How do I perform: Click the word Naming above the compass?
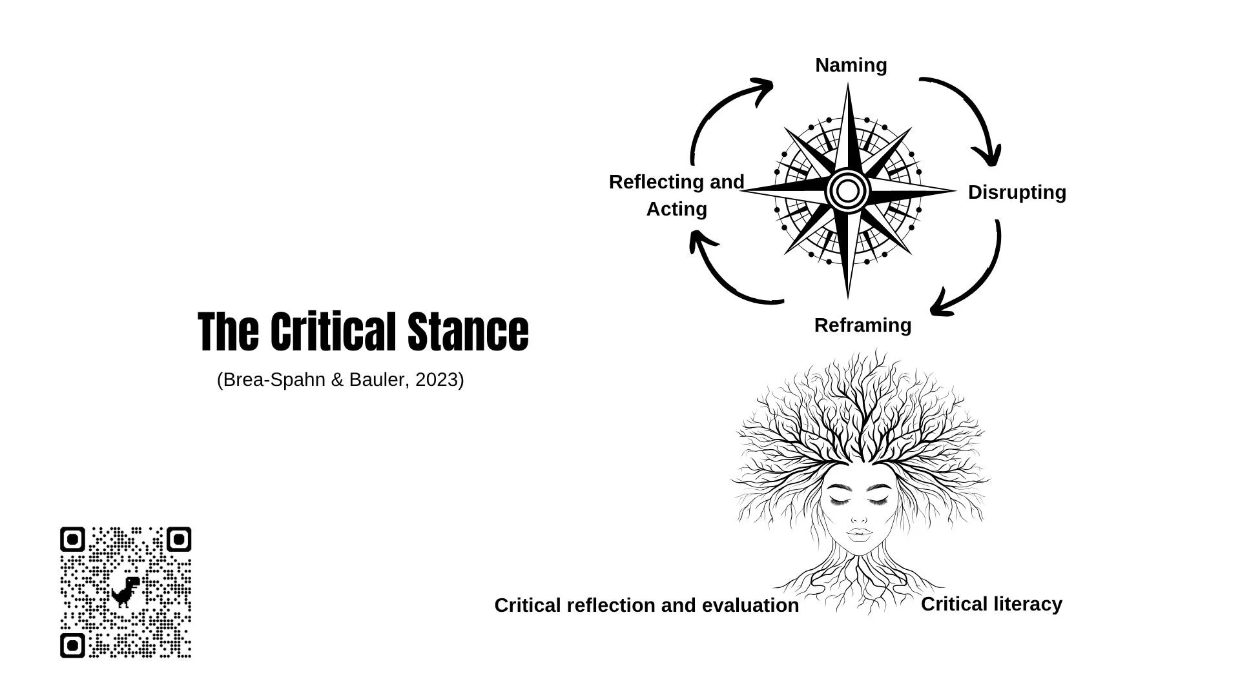tap(851, 65)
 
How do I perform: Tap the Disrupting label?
tap(1017, 192)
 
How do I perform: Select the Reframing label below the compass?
tap(862, 325)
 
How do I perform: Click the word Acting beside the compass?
tap(676, 209)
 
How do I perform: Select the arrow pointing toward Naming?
tap(717, 110)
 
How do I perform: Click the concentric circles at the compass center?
tap(847, 191)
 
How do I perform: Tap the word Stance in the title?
tap(468, 332)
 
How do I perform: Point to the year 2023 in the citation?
tap(436, 380)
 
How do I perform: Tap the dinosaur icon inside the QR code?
tap(125, 591)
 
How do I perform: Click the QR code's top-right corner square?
tap(179, 540)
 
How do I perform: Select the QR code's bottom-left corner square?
tap(72, 645)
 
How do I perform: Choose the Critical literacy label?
tap(991, 604)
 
